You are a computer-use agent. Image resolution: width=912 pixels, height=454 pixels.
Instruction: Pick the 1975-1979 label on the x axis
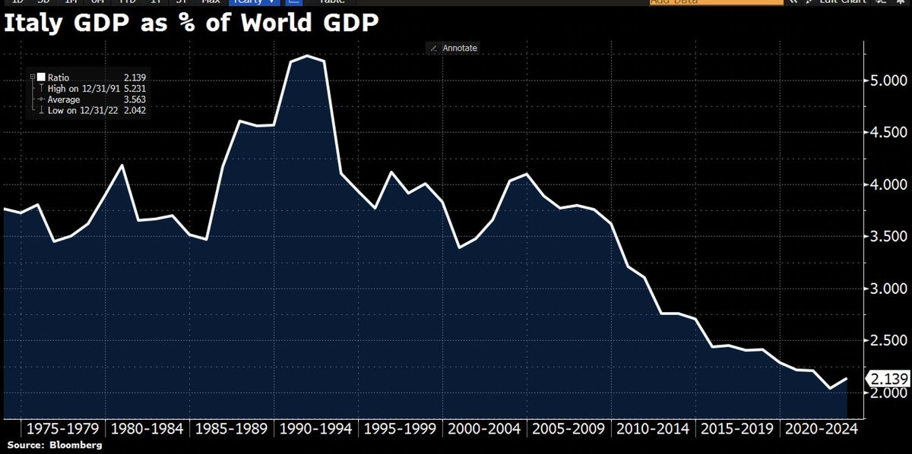[63, 429]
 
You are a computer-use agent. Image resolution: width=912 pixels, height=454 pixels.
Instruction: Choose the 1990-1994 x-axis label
[315, 429]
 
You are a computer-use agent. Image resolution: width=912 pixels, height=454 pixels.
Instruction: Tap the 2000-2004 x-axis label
[484, 429]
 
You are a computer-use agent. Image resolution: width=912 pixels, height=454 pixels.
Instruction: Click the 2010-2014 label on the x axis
[653, 429]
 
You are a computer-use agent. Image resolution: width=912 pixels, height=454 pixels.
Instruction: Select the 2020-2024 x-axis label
[822, 429]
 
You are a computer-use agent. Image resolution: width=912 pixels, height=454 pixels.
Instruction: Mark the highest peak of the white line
[306, 55]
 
